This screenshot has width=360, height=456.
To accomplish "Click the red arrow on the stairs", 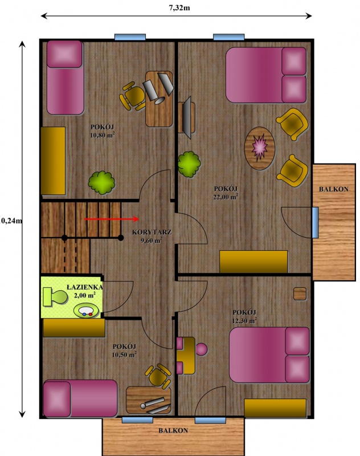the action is [x=111, y=219].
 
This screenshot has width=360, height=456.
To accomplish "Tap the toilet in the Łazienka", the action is [x=55, y=297].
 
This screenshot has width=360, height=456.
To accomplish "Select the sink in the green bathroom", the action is [x=85, y=311].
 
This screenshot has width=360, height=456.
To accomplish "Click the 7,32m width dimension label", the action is [x=179, y=8].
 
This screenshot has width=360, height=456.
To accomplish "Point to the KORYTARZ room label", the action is [x=152, y=232].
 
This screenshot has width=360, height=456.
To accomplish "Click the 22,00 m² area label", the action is [x=226, y=197].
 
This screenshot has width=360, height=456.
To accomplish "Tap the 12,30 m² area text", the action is [x=244, y=320].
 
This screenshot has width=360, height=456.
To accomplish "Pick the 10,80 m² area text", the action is [x=103, y=135].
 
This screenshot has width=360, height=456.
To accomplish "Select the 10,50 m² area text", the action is [x=124, y=355].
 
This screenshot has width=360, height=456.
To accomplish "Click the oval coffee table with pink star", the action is [x=260, y=148].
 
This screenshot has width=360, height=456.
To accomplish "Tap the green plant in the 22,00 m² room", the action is [x=189, y=164].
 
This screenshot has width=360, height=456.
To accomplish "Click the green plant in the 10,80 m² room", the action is [x=101, y=182].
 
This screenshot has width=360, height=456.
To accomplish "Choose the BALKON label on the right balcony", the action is [x=334, y=189].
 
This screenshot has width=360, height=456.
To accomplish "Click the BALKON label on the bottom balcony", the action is [x=173, y=430].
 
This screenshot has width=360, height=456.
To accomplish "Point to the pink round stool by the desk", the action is [x=201, y=349].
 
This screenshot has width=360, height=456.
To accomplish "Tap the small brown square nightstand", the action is [x=300, y=294].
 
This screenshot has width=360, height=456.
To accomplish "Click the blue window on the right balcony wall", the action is [x=315, y=222].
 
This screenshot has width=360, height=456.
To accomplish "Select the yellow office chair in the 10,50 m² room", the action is [x=158, y=376].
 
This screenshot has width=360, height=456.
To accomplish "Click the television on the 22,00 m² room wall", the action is [x=187, y=117].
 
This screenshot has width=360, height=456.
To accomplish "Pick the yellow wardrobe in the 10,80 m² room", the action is [x=53, y=161].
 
